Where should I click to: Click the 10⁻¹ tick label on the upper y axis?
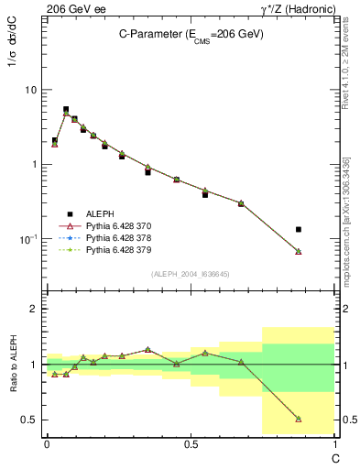click(x=28, y=238)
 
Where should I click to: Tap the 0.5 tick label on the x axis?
click(x=191, y=442)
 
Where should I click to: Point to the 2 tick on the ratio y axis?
click(x=35, y=309)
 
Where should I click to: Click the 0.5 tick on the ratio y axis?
click(x=30, y=420)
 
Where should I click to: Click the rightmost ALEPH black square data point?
click(x=299, y=229)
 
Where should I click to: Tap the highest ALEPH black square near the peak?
click(x=66, y=109)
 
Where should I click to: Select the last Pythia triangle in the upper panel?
click(x=299, y=251)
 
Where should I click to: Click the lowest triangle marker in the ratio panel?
click(x=299, y=419)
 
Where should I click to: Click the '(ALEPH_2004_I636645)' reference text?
click(x=191, y=273)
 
